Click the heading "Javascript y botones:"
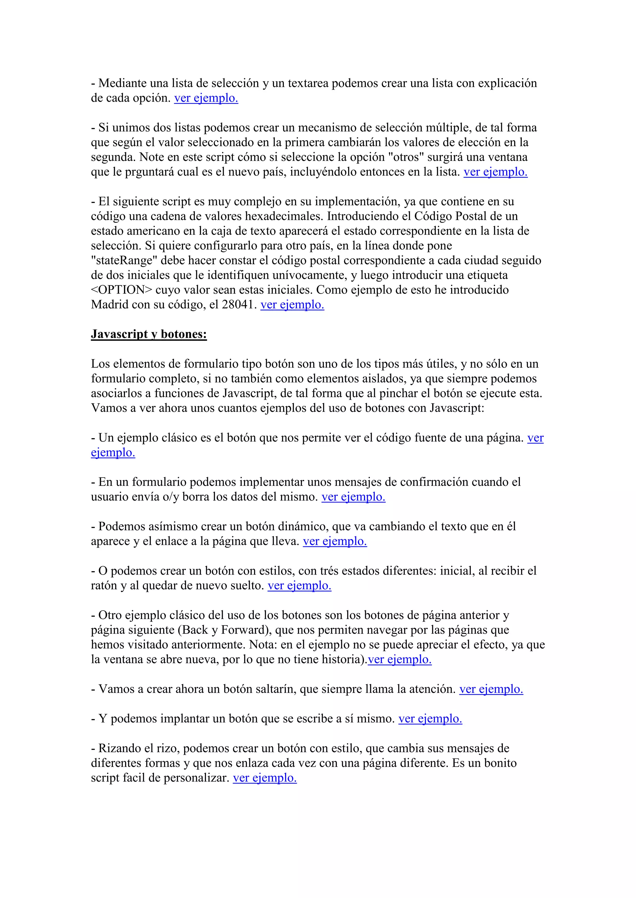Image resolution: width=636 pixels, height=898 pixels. click(x=149, y=334)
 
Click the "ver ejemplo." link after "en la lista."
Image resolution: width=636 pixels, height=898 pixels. click(x=495, y=172)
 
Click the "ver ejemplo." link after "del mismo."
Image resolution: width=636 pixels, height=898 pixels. click(x=353, y=497)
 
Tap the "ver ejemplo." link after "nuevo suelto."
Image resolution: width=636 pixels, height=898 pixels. click(x=299, y=585)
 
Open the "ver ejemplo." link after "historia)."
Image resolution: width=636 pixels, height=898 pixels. click(x=399, y=660)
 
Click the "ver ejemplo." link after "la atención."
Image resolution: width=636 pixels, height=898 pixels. click(x=491, y=689)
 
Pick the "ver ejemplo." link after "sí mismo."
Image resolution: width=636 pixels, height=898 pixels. click(x=430, y=718)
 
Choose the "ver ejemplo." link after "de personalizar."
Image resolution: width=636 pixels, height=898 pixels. click(x=265, y=778)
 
